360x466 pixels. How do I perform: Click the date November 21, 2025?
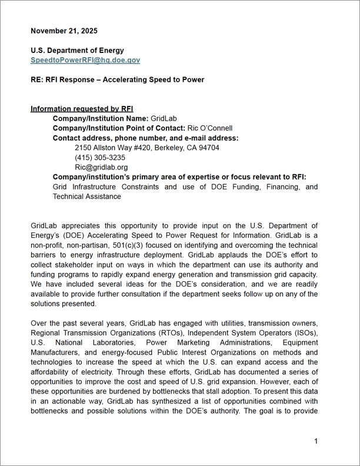64,31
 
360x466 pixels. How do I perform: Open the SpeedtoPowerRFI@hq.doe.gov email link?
85,60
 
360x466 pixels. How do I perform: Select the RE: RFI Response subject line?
117,79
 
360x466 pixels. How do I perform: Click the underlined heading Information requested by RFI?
82,109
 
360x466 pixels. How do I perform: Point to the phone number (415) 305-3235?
100,158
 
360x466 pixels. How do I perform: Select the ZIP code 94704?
208,148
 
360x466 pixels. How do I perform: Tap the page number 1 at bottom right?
316,441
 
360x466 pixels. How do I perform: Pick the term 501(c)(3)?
119,244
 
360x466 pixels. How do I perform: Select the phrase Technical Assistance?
87,197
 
